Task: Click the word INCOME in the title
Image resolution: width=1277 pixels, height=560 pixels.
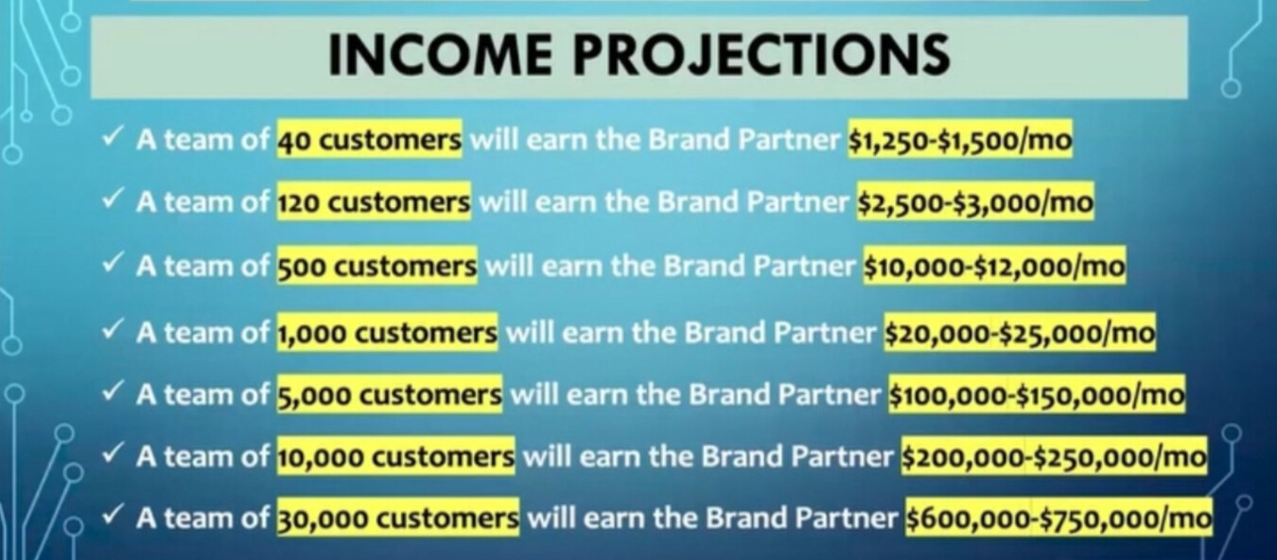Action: (440, 54)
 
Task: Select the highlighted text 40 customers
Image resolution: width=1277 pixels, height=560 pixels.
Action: (370, 138)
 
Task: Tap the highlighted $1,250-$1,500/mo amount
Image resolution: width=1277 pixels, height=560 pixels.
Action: (960, 138)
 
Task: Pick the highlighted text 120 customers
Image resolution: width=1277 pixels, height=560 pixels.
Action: (374, 201)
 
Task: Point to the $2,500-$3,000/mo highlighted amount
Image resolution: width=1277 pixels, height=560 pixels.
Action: (975, 201)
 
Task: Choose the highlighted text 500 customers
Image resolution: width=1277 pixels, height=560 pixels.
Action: (376, 265)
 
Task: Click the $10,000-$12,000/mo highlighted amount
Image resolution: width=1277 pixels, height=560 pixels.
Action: (995, 265)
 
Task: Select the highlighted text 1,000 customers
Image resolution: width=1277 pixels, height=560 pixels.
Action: (387, 332)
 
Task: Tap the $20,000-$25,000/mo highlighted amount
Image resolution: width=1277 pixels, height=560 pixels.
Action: (1020, 332)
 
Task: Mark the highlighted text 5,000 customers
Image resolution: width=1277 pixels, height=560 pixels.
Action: (390, 394)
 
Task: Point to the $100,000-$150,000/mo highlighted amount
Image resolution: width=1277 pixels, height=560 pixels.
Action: (1037, 394)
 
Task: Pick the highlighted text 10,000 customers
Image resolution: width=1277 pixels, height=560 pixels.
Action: (395, 456)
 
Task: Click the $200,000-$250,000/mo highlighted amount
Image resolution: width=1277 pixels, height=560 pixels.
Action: (1054, 456)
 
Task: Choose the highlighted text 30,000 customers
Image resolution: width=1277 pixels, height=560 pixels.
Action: (398, 517)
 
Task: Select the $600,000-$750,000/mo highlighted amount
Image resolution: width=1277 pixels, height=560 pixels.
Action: (1058, 517)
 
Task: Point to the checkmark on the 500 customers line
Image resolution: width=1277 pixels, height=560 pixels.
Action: (112, 263)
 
